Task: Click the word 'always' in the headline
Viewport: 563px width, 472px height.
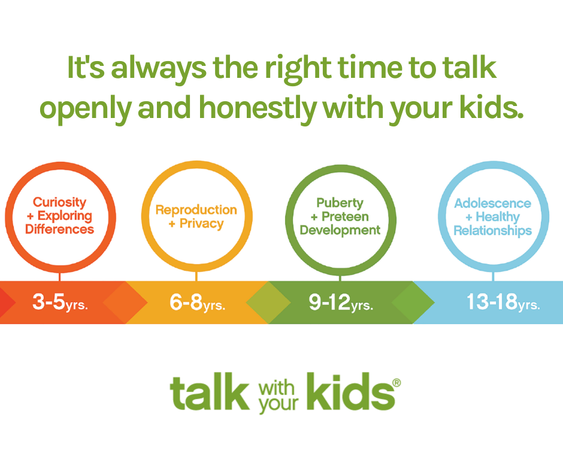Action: [158, 69]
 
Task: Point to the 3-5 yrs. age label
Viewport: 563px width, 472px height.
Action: [60, 302]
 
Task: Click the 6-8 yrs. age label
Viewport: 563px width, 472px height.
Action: [197, 302]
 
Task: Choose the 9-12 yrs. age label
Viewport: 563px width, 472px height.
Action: [341, 302]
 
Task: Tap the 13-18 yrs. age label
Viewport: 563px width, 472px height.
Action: [503, 302]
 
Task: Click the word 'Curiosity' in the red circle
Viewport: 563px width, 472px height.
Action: [60, 202]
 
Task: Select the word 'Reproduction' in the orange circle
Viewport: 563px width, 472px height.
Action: [196, 210]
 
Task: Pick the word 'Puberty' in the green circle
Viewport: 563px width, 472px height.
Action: [340, 203]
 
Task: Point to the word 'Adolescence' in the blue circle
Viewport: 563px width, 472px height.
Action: [492, 203]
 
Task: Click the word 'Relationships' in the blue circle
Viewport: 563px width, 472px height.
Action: [492, 231]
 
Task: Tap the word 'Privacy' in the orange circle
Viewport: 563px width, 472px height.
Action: [201, 224]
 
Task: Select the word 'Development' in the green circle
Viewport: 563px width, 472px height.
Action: [340, 230]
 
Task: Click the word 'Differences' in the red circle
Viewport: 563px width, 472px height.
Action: [60, 229]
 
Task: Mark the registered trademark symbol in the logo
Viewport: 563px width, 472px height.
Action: [396, 383]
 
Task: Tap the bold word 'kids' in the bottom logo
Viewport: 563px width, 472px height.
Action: [351, 392]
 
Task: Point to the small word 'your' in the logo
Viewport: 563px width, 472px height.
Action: [279, 404]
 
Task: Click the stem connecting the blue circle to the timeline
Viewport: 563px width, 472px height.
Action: [493, 276]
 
